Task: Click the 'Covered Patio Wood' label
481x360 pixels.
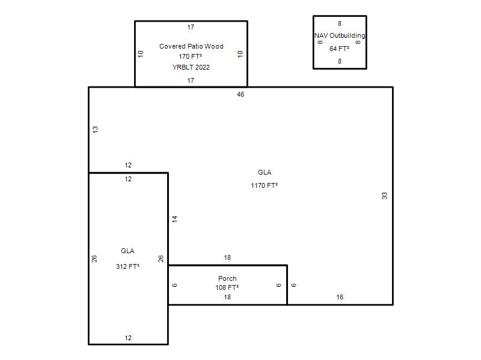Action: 191,46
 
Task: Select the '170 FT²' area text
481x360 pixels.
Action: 191,56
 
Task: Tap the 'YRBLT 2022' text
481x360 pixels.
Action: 191,67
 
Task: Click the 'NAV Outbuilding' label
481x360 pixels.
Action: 340,35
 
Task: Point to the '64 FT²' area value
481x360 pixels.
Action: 339,49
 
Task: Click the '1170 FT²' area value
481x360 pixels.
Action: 265,185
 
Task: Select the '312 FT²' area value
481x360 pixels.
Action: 127,266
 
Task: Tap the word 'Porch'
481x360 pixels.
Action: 227,278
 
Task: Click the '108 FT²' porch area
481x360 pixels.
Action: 227,287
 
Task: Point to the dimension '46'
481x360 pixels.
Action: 240,95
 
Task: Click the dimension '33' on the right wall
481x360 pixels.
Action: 384,196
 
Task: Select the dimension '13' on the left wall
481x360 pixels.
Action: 95,130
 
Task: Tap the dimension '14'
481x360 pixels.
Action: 174,219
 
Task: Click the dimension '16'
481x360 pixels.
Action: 340,297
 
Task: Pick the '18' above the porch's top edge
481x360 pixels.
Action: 227,258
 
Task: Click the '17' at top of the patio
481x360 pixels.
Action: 191,27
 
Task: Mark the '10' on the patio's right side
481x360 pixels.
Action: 240,54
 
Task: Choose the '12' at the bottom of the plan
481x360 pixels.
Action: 128,338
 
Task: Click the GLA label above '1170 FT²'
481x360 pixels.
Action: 265,172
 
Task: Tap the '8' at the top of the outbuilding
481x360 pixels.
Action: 340,23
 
